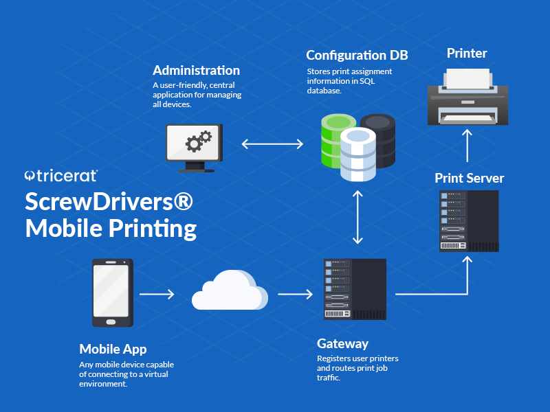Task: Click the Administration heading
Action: [x=196, y=71]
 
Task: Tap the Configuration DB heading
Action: [x=357, y=55]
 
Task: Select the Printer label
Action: [x=467, y=53]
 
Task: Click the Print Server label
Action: [x=469, y=179]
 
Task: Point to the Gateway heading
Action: [x=342, y=343]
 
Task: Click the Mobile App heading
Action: [x=113, y=349]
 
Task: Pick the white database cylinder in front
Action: [x=358, y=154]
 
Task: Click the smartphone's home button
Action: [x=110, y=320]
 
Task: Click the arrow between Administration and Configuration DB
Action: [x=272, y=144]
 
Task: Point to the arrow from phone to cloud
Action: [x=157, y=295]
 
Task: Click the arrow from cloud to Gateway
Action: [x=295, y=295]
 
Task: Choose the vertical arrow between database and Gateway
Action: [x=357, y=217]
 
